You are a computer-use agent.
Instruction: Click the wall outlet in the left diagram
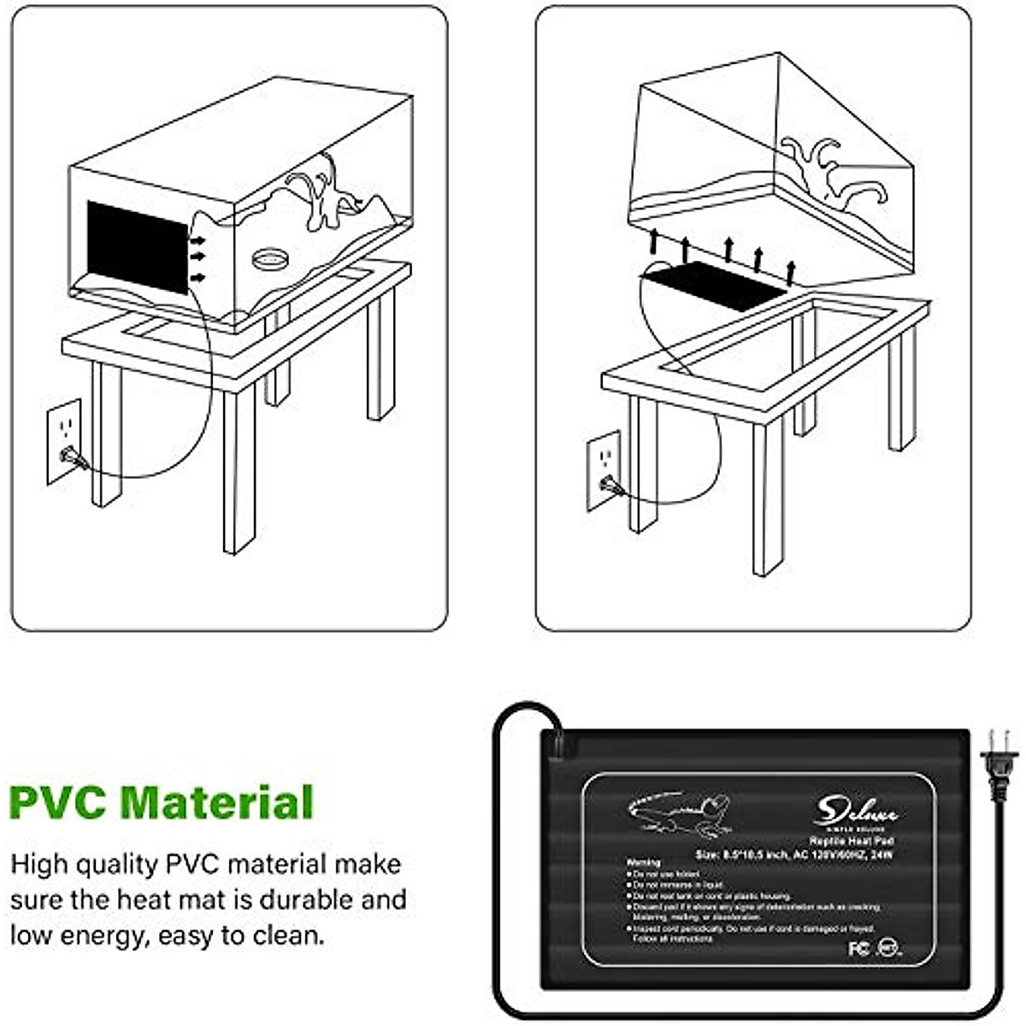[64, 440]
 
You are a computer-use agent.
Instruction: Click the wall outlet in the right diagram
[604, 469]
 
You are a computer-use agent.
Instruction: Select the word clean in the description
[287, 935]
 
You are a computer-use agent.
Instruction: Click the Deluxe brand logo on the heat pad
[855, 808]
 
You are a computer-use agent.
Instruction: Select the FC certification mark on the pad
[858, 948]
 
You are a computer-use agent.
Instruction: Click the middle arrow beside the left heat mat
[198, 255]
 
